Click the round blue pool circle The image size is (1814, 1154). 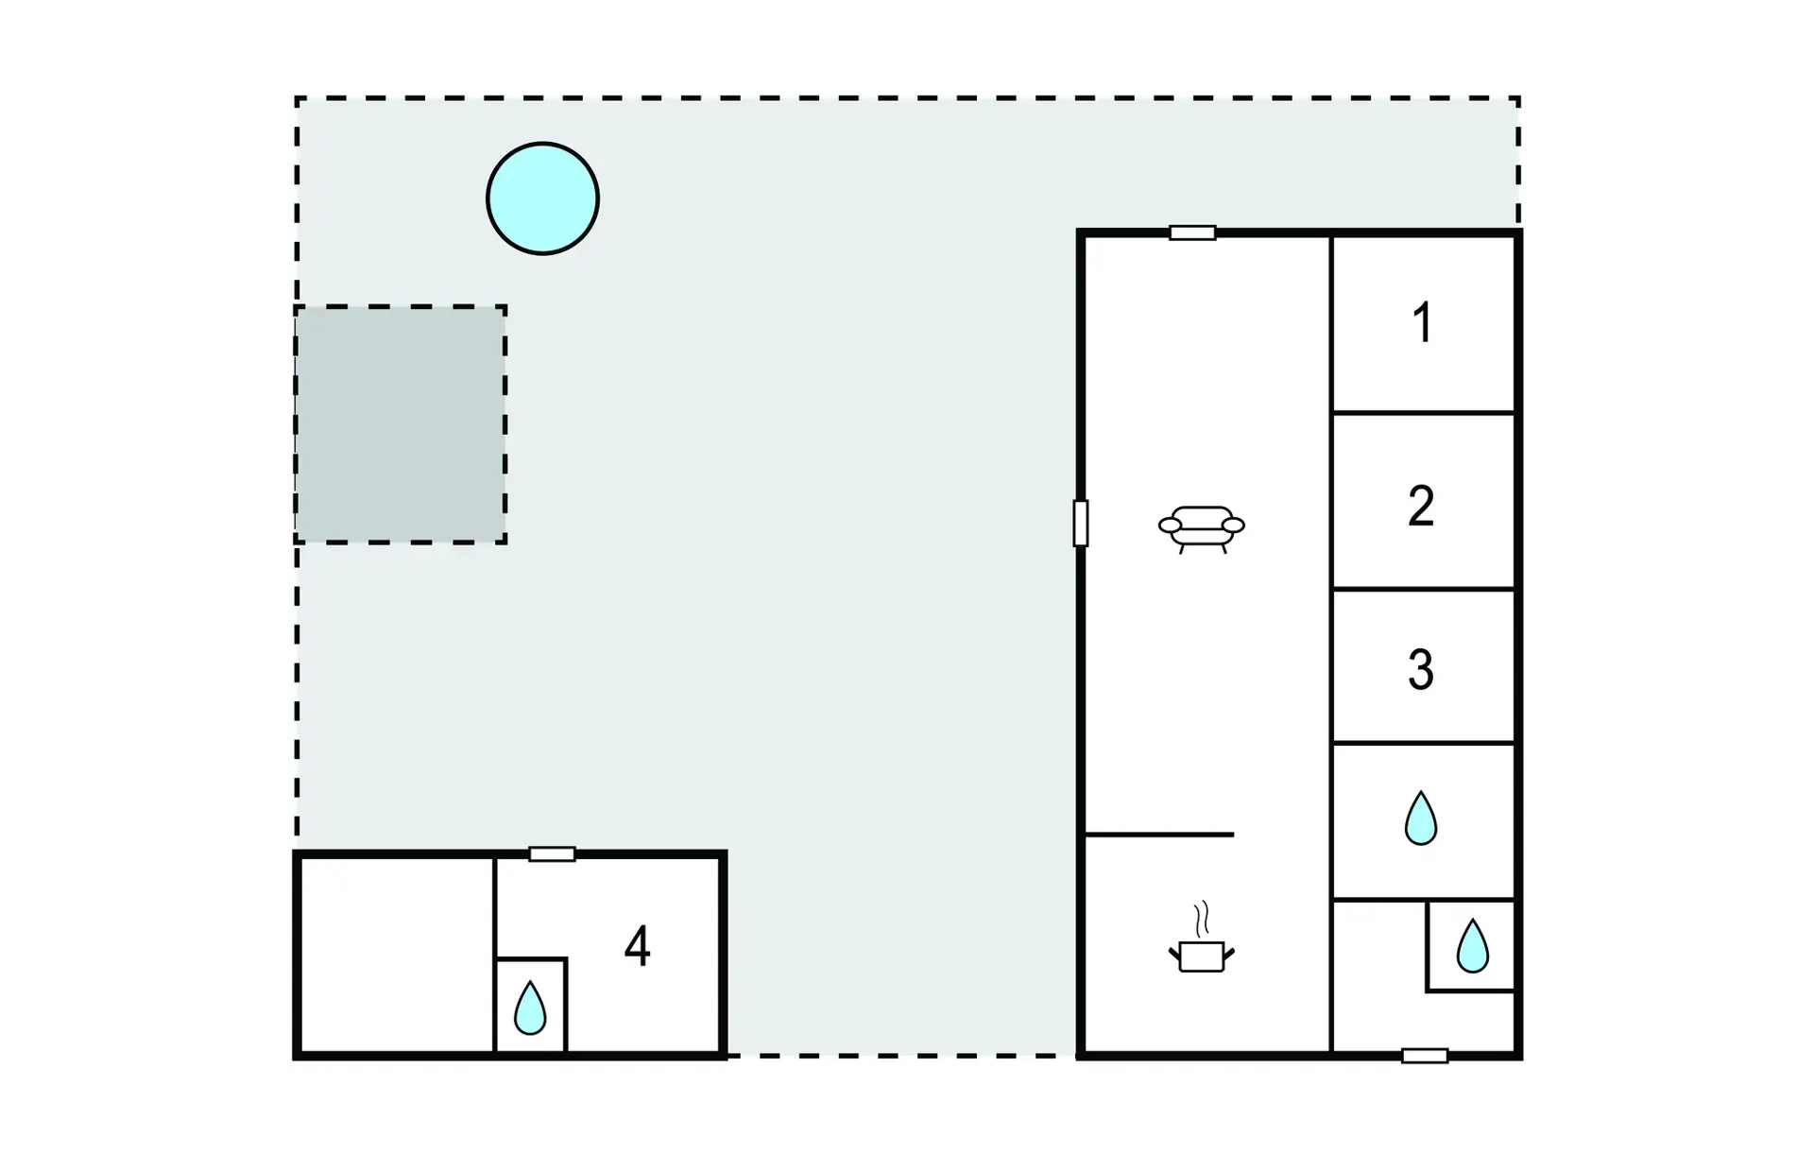[x=542, y=198]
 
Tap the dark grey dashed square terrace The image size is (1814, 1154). [x=401, y=424]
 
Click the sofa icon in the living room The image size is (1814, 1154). [x=1202, y=529]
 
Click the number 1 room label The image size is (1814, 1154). [x=1422, y=322]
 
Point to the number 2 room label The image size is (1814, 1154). [x=1421, y=506]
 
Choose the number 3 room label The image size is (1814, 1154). [x=1421, y=669]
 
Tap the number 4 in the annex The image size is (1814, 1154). [x=638, y=946]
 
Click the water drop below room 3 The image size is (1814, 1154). [x=1421, y=818]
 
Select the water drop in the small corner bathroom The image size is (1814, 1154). [x=1472, y=945]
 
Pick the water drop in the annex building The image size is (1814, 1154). [x=530, y=1008]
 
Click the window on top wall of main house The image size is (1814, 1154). [x=1192, y=233]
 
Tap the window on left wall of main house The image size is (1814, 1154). [x=1081, y=523]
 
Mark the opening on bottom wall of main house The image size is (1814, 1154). [x=1425, y=1056]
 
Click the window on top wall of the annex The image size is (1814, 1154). [x=552, y=854]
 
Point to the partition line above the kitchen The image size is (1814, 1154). [x=1159, y=835]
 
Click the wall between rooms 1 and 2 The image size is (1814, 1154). [x=1424, y=413]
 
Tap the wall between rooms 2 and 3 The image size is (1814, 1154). [x=1424, y=589]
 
